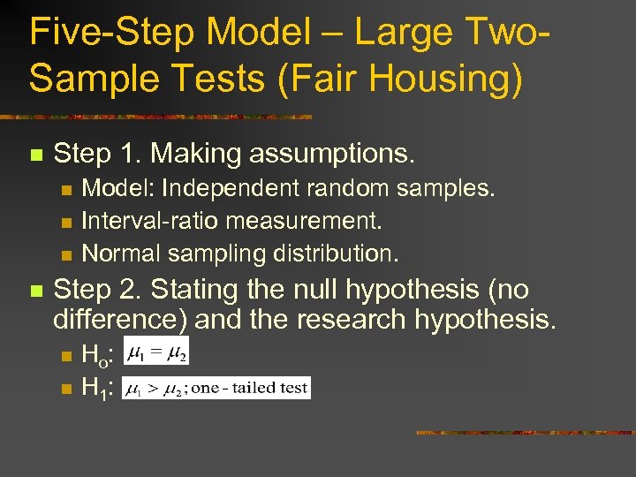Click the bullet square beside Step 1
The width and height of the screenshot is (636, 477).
click(x=35, y=155)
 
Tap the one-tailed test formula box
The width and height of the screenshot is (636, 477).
click(x=216, y=387)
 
